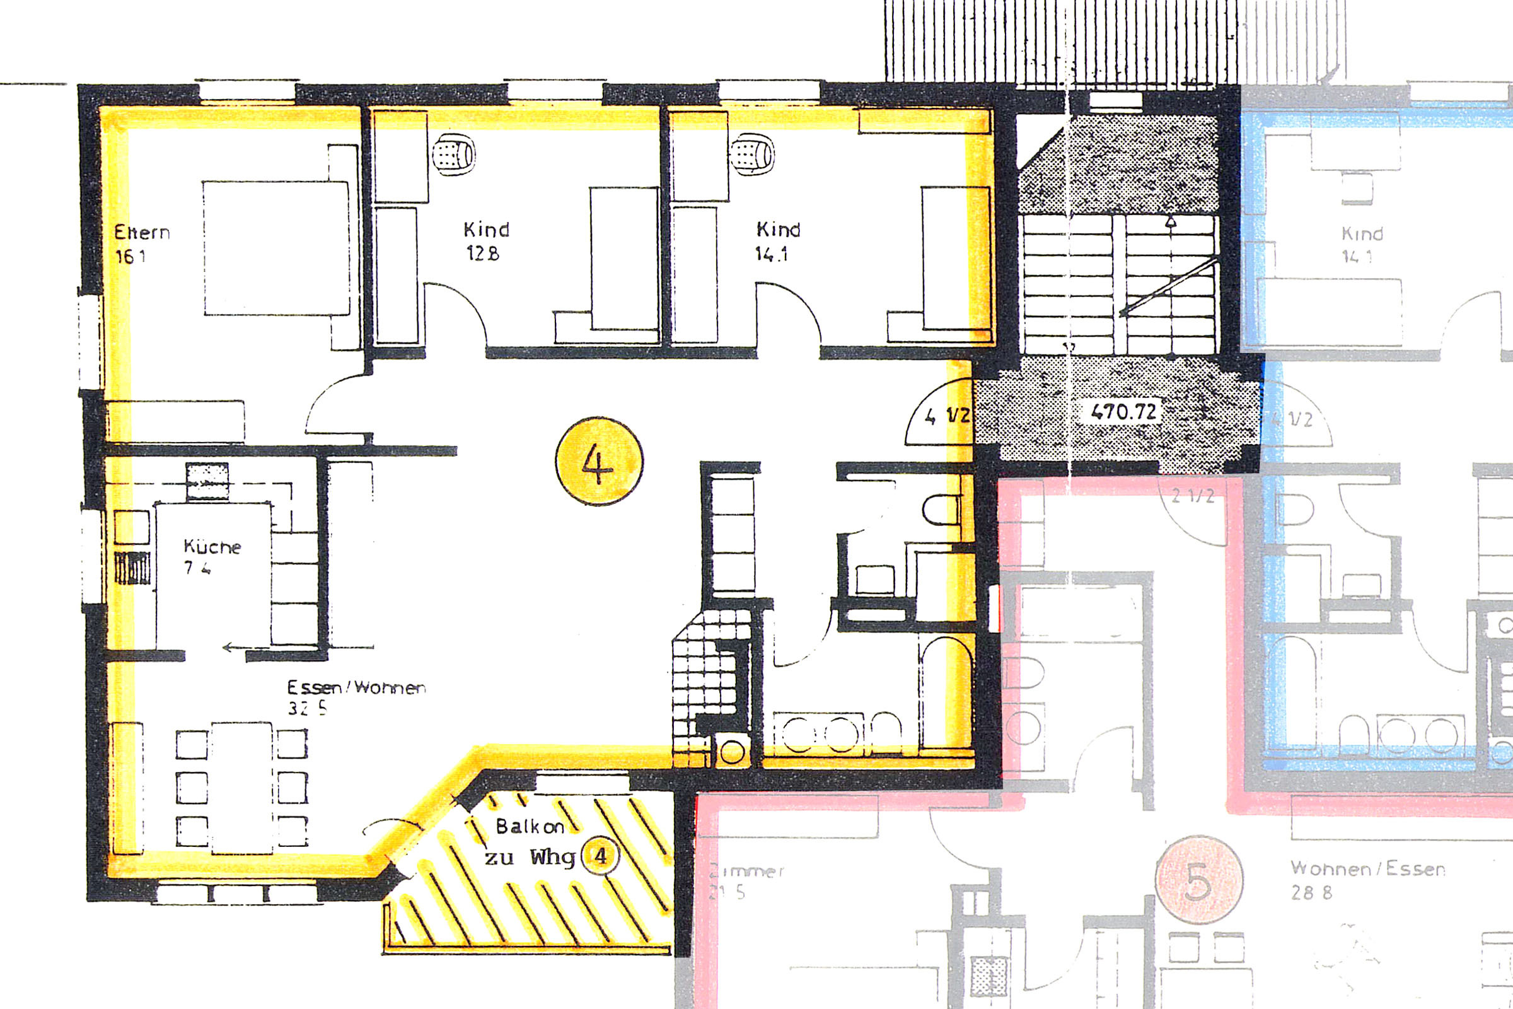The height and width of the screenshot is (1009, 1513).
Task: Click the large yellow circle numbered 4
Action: click(x=598, y=462)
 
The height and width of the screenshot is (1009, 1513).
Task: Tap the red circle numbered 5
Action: click(x=1198, y=881)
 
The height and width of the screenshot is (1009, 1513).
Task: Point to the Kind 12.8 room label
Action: click(x=485, y=230)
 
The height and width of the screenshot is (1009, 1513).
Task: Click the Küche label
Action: click(x=212, y=547)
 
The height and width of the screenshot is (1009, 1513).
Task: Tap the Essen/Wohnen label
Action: click(x=356, y=687)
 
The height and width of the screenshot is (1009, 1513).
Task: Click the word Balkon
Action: click(x=530, y=826)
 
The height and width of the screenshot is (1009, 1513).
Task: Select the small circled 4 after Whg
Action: click(x=600, y=856)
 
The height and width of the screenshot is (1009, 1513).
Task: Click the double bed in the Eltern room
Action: click(x=277, y=248)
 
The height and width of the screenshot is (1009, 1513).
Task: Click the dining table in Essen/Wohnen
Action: click(x=242, y=788)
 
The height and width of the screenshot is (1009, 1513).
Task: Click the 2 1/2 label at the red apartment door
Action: click(x=1193, y=496)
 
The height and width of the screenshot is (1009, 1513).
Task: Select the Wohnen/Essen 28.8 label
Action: click(x=1367, y=870)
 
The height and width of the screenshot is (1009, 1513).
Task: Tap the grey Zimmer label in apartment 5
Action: click(x=746, y=872)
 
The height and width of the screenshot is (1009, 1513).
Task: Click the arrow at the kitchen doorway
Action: click(x=235, y=648)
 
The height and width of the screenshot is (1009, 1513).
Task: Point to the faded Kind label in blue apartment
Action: click(x=1362, y=233)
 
